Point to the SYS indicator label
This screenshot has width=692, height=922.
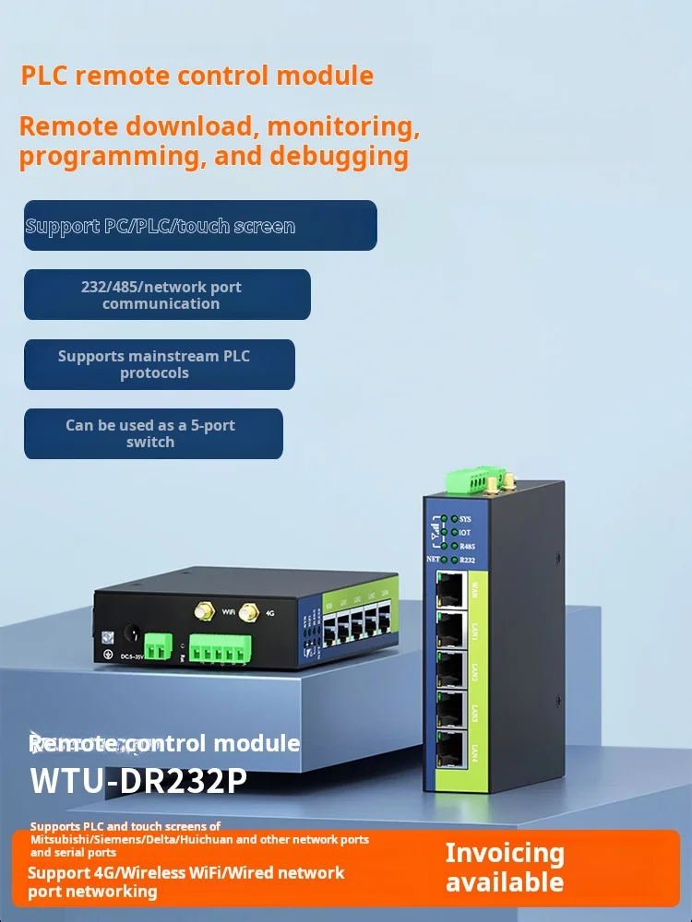tap(465, 519)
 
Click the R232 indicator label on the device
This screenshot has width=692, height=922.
tap(467, 559)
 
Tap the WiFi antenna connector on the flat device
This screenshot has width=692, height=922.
tap(199, 611)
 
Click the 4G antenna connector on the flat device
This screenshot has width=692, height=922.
tap(247, 611)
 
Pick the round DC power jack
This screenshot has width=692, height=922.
tap(131, 636)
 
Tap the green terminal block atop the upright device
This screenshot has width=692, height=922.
tap(467, 480)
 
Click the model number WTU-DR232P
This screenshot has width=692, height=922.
tap(138, 780)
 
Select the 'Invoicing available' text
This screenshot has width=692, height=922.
tap(504, 867)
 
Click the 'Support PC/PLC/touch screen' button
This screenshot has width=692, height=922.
tap(200, 226)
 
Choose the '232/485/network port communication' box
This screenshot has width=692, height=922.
tap(167, 295)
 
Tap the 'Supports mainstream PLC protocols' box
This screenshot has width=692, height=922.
tap(160, 364)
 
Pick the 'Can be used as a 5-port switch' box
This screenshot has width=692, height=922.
tap(153, 433)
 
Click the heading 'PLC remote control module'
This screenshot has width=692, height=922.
tap(197, 76)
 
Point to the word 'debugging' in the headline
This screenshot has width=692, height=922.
tap(339, 156)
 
